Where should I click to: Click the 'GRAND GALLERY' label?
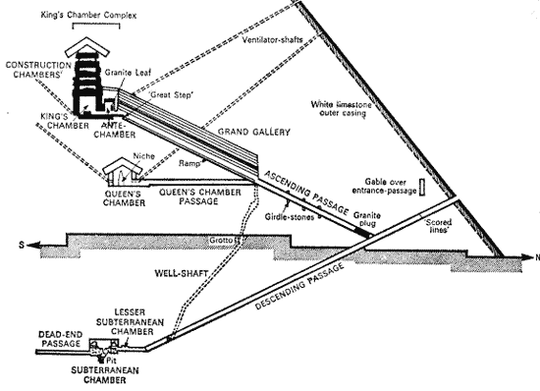coord(254,132)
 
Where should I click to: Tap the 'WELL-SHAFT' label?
coord(182,273)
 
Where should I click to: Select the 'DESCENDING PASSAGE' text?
coord(299,286)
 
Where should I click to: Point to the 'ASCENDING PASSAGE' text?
coord(306,193)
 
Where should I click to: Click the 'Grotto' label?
coord(222,240)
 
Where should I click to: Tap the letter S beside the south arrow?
coord(22,246)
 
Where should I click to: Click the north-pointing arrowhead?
coord(527,257)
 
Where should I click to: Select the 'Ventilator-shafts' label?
coord(272,40)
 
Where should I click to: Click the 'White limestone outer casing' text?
coord(341,108)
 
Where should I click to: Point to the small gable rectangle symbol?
coord(422,187)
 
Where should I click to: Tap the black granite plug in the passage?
coord(364,233)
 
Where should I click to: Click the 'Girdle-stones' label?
coord(290,217)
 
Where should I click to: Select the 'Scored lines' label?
coord(438,226)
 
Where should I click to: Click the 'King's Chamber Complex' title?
coord(88,15)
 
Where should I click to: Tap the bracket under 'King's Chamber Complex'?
coord(96,25)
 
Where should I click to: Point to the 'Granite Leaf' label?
coord(128,73)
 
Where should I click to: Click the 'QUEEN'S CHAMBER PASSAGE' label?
coord(199,196)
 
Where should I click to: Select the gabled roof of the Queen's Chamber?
coord(123,165)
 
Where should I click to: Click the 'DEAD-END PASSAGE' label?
coord(61,339)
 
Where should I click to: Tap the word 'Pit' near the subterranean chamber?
coord(111,361)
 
